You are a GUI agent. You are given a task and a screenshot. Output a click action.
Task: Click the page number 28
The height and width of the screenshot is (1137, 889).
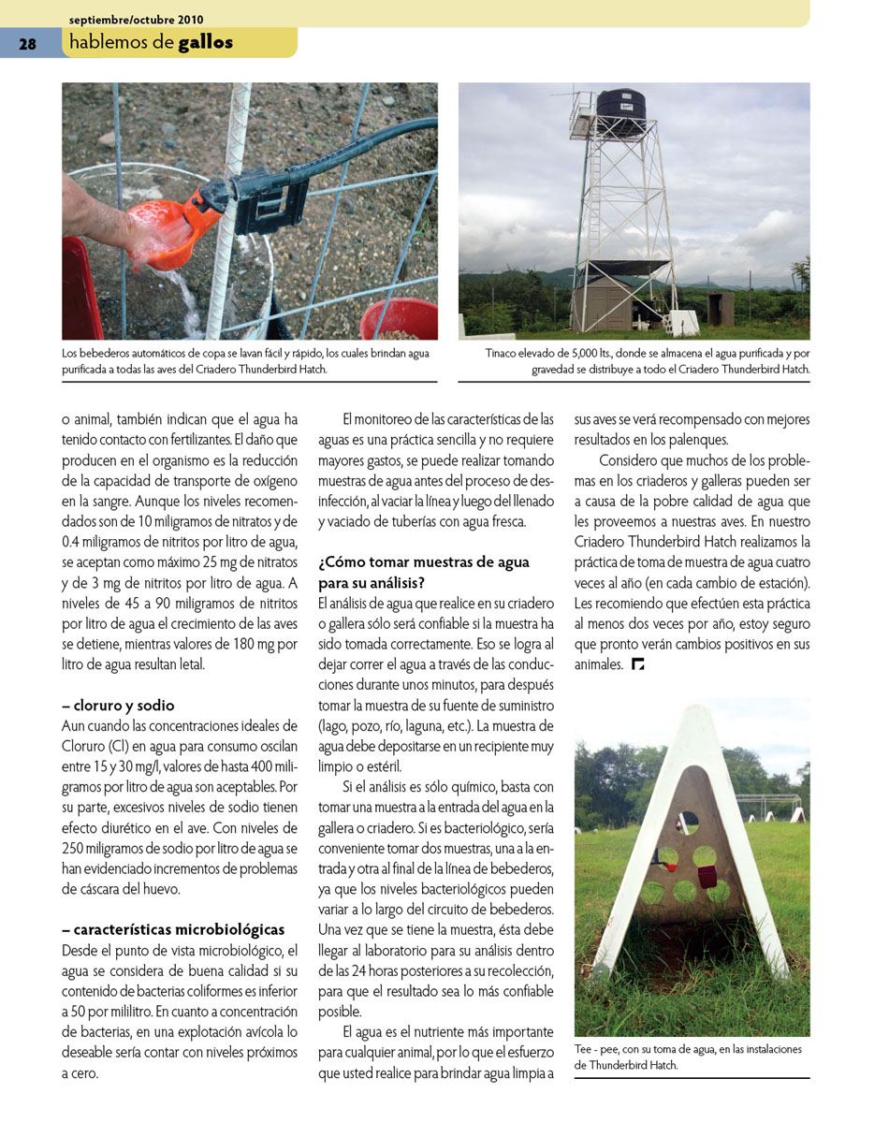tap(27, 44)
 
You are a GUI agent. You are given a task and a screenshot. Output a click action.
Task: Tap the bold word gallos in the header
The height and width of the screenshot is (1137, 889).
tap(206, 42)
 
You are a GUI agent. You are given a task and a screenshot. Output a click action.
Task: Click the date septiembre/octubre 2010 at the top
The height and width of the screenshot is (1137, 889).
tap(136, 19)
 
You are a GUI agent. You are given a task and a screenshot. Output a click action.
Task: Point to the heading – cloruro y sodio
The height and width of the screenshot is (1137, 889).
tap(118, 706)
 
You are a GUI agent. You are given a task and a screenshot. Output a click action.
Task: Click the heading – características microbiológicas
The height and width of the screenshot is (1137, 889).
tap(173, 929)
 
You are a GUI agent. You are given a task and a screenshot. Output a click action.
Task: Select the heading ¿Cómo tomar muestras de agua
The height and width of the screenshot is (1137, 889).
tap(423, 562)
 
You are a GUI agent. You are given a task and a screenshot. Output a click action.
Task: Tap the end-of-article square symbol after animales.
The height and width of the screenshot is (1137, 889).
tap(638, 664)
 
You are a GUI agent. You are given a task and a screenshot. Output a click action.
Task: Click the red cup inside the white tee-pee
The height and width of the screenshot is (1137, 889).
tap(707, 876)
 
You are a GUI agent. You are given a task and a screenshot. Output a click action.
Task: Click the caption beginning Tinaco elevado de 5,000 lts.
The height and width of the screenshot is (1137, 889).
tap(647, 361)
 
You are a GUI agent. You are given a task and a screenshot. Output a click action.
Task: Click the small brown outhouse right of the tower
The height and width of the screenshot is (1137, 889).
tap(721, 308)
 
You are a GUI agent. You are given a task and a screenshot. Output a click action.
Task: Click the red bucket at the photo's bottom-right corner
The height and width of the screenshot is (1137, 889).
tap(400, 318)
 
